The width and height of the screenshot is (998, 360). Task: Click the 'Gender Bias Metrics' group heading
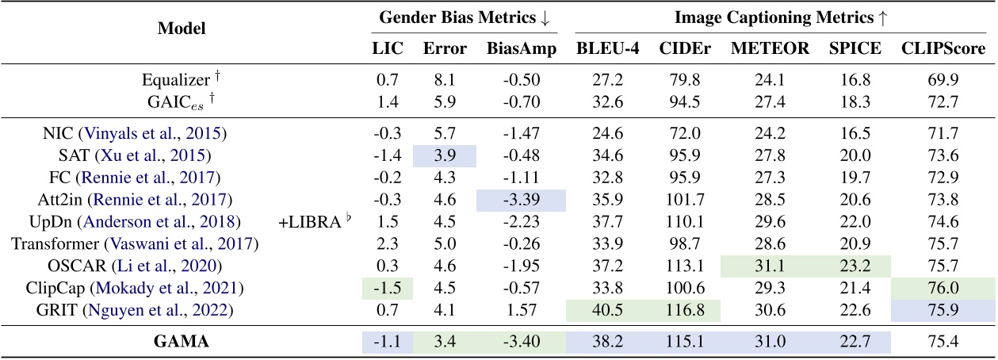coord(467,17)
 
